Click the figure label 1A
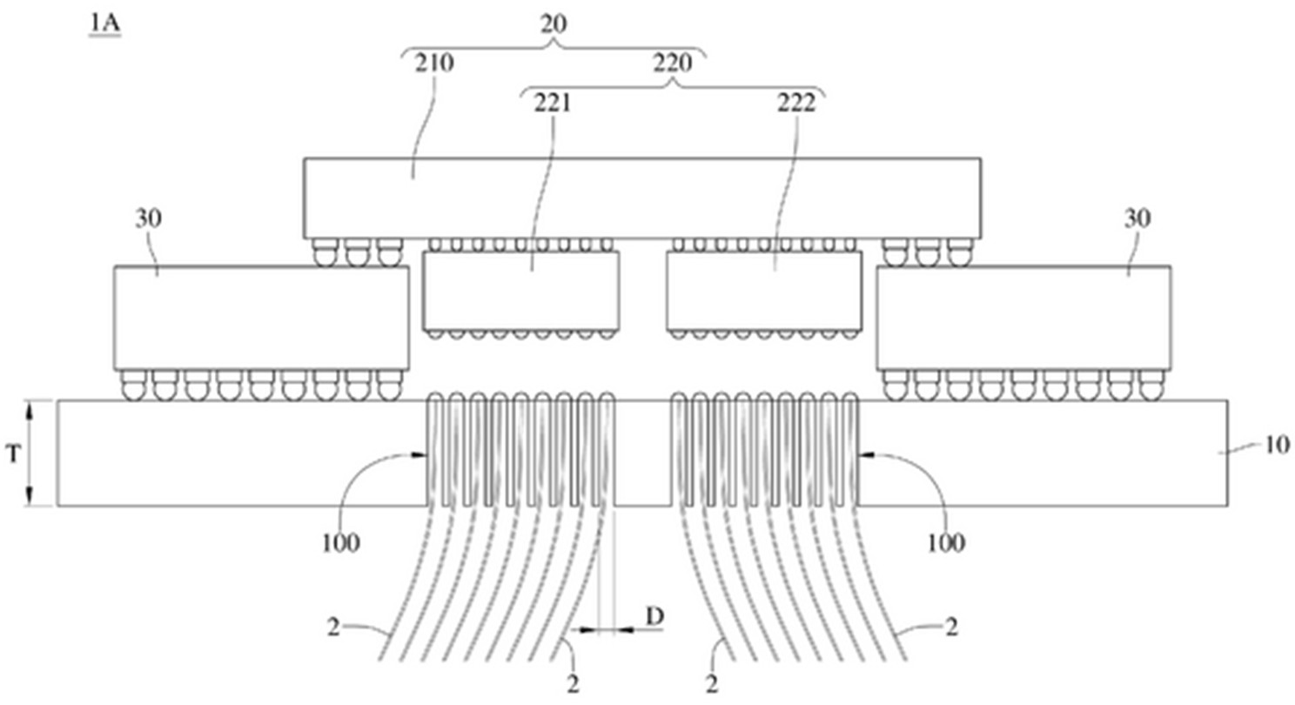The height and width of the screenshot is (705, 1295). click(x=104, y=23)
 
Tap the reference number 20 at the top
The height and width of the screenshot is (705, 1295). click(x=554, y=23)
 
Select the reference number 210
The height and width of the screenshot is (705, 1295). click(x=434, y=63)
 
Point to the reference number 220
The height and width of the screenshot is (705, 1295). click(x=673, y=63)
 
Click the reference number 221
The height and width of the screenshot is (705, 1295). click(x=552, y=103)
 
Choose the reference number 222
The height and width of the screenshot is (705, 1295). click(x=796, y=103)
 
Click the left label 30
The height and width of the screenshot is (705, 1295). click(x=149, y=218)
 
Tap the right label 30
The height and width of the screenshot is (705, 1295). click(x=1137, y=218)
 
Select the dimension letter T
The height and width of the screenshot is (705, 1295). click(x=13, y=454)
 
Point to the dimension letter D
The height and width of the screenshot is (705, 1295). click(x=654, y=617)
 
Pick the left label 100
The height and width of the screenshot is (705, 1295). click(x=341, y=543)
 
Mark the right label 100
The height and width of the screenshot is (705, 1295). click(x=946, y=543)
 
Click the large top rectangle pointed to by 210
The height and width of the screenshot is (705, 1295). click(x=642, y=198)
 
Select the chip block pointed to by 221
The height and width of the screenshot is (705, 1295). click(x=521, y=291)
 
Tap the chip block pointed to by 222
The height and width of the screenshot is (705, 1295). click(x=764, y=291)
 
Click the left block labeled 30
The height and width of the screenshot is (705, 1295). click(x=261, y=318)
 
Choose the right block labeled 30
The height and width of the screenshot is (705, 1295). click(x=1023, y=318)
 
